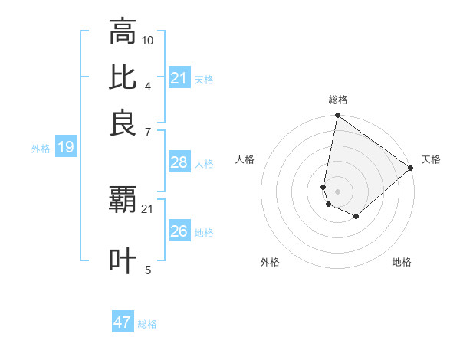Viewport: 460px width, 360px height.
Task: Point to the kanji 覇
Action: click(x=123, y=201)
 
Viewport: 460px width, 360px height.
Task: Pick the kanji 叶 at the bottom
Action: click(x=123, y=260)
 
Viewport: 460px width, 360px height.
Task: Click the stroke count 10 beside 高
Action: click(x=148, y=39)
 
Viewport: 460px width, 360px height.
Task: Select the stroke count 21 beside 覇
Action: click(x=148, y=208)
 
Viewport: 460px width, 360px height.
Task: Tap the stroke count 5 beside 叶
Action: click(x=148, y=269)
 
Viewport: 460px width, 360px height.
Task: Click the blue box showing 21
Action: click(x=179, y=78)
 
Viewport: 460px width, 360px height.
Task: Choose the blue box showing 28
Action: click(x=179, y=162)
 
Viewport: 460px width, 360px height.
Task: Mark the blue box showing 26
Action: click(x=179, y=231)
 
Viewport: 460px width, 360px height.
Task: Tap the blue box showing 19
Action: click(x=65, y=147)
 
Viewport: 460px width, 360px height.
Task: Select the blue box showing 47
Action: click(x=123, y=322)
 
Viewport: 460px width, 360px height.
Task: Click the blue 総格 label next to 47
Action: click(x=147, y=324)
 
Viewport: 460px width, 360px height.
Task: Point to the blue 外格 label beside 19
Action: click(x=41, y=149)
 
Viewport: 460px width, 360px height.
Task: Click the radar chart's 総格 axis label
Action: click(x=337, y=100)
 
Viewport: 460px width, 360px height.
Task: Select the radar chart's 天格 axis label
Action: click(x=431, y=159)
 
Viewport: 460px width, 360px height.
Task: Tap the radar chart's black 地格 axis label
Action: click(x=402, y=263)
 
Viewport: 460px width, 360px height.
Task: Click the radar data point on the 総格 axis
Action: click(x=337, y=116)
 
